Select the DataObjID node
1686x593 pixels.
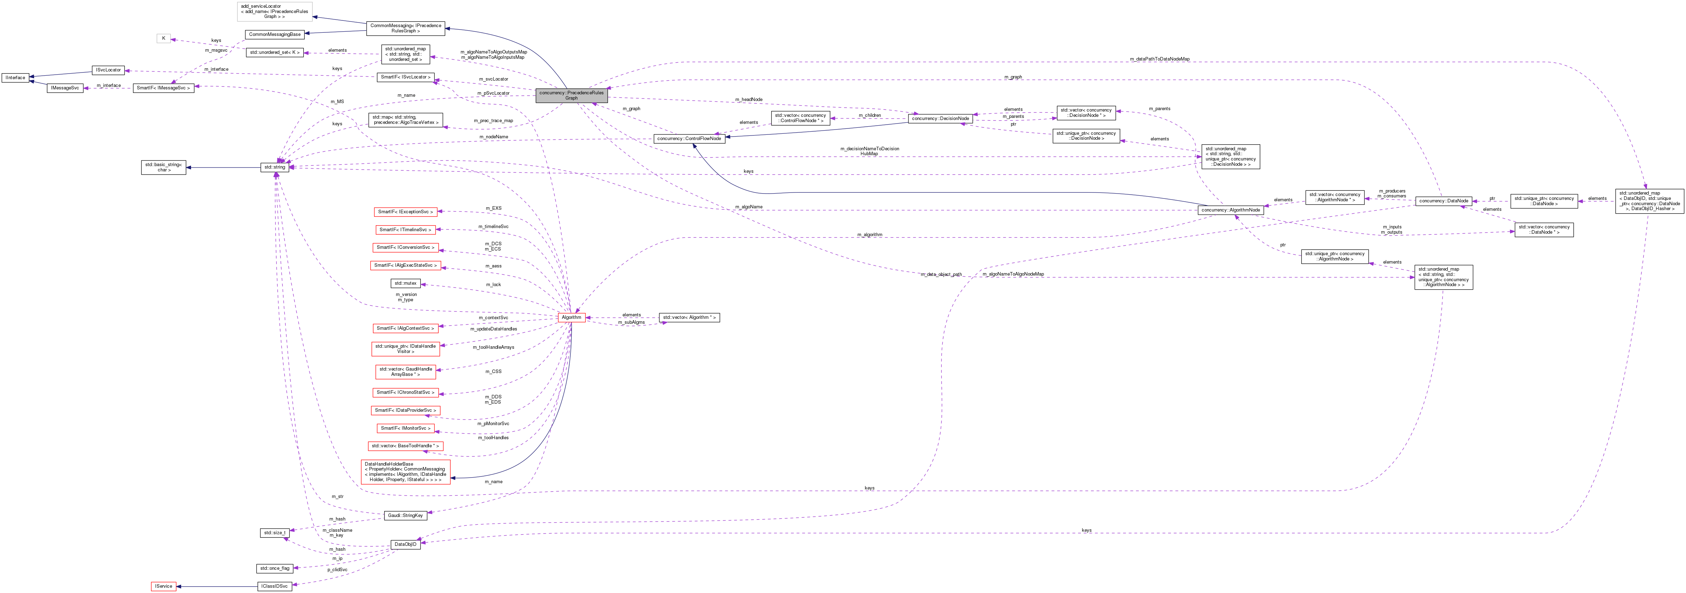pos(405,544)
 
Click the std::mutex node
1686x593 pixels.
pos(405,283)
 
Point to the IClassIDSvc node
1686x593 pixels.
pos(274,586)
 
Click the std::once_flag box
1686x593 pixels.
pos(274,568)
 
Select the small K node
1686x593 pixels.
pos(164,39)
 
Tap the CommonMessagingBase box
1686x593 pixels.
pos(275,34)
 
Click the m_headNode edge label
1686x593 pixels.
pos(748,100)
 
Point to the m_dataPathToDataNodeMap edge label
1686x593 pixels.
pos(1159,59)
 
